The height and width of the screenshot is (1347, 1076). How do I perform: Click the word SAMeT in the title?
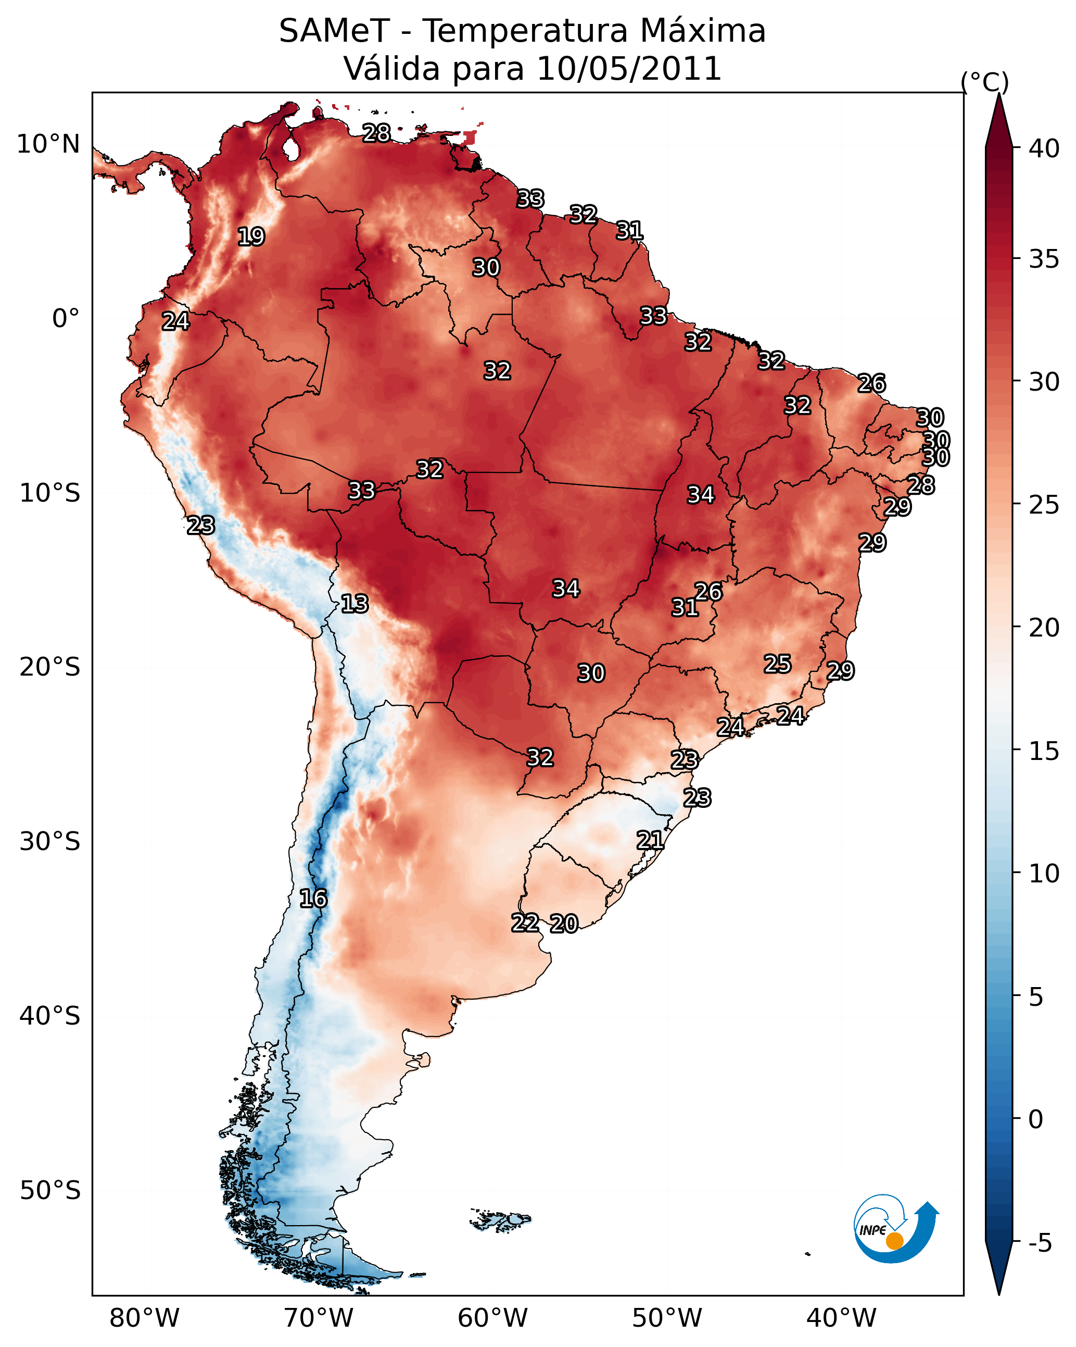334,31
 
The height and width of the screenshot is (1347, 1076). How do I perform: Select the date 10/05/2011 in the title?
628,69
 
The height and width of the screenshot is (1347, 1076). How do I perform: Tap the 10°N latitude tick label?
48,144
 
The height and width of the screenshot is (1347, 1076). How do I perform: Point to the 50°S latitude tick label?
50,1190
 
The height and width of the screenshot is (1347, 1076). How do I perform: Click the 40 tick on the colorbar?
1044,148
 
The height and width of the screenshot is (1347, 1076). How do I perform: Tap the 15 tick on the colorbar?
1044,751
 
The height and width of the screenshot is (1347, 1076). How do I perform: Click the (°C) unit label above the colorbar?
985,82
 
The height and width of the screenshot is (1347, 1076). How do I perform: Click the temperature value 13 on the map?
355,604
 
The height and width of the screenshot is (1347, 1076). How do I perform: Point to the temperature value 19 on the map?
251,237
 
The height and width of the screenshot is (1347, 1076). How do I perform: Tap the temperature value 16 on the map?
313,899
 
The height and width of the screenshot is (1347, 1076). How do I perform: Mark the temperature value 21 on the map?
650,840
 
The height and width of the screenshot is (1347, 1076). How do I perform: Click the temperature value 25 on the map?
778,664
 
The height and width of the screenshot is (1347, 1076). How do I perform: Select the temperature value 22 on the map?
525,923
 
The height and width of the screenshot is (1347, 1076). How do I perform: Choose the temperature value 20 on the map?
564,924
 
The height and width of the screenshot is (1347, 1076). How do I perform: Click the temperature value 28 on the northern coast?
376,133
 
